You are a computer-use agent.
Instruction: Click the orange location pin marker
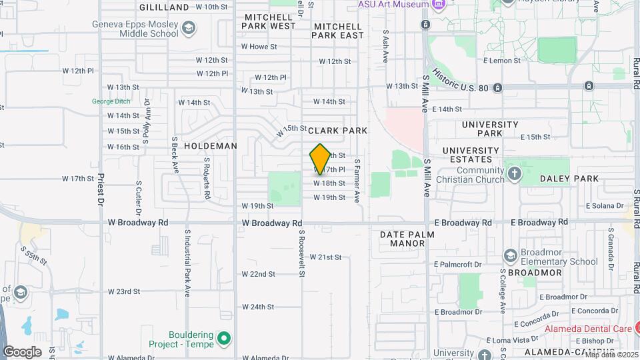[320, 159]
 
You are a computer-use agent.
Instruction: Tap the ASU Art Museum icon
[438, 5]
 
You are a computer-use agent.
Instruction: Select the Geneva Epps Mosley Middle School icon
[189, 27]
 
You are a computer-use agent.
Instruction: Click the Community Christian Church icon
[514, 175]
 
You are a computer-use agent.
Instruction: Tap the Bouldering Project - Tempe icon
[224, 339]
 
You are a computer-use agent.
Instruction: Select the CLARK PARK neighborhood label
[337, 131]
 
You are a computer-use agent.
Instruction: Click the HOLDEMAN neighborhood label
[211, 146]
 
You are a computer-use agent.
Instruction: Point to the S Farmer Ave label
[357, 181]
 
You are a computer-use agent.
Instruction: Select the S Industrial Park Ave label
[188, 263]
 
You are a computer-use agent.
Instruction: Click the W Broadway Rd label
[272, 223]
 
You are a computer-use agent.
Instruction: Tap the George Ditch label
[110, 101]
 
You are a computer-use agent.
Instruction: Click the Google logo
[23, 351]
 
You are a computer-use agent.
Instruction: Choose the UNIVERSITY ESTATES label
[471, 155]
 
